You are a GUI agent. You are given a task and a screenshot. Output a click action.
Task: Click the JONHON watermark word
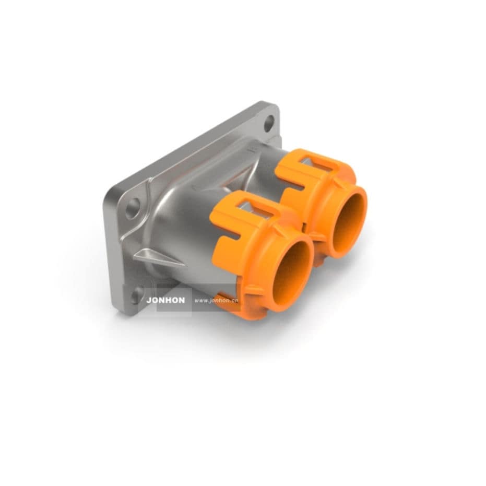click(165, 301)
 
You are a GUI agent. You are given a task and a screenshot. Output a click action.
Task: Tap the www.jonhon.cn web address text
click(216, 301)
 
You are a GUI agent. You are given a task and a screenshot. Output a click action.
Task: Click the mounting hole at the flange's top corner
click(269, 123)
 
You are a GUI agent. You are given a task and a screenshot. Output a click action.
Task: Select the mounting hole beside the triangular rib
click(133, 208)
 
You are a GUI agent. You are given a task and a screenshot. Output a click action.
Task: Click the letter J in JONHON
click(149, 301)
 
